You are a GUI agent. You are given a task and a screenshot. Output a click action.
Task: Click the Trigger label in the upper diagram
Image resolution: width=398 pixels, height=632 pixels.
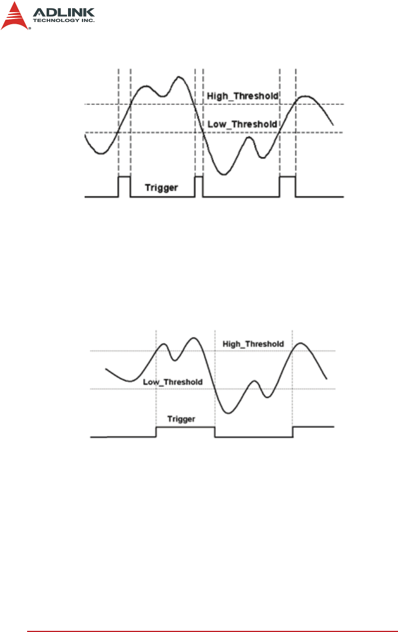coord(161,187)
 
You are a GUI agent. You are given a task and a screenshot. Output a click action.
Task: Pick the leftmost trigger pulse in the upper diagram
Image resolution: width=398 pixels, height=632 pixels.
coord(124,186)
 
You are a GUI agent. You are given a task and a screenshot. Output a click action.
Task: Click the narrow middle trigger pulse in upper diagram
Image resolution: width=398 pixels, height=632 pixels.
coord(199,186)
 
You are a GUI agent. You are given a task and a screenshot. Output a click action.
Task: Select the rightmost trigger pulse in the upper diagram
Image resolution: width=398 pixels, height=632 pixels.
coord(287,186)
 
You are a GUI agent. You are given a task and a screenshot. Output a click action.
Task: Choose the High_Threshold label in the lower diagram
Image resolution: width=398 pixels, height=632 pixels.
coord(253,344)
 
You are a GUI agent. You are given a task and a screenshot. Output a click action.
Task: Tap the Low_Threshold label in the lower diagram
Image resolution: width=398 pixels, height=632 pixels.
coord(172,382)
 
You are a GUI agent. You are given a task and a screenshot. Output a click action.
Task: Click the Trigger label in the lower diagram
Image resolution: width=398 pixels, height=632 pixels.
coord(181,419)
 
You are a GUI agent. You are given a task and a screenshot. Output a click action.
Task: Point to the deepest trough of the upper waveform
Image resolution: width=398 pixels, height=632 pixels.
coord(224,174)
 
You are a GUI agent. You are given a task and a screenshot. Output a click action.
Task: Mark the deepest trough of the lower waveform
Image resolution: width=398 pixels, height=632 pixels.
coord(228,413)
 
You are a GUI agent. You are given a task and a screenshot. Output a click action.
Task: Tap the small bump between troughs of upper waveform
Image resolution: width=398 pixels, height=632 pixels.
coord(249,137)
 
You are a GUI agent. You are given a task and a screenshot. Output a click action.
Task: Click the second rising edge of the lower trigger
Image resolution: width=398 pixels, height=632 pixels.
coord(293,432)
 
